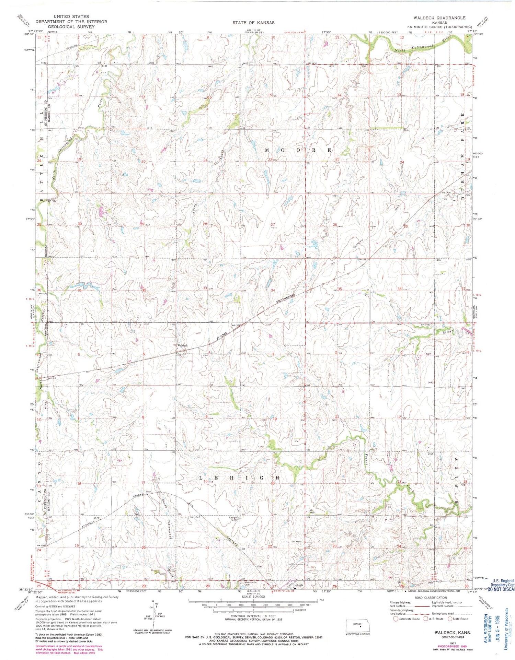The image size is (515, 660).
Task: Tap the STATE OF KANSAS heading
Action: [253, 23]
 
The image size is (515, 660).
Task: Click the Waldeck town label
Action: [182, 345]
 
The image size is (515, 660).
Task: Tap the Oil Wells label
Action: [296, 542]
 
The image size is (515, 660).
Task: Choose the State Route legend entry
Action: [458, 619]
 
